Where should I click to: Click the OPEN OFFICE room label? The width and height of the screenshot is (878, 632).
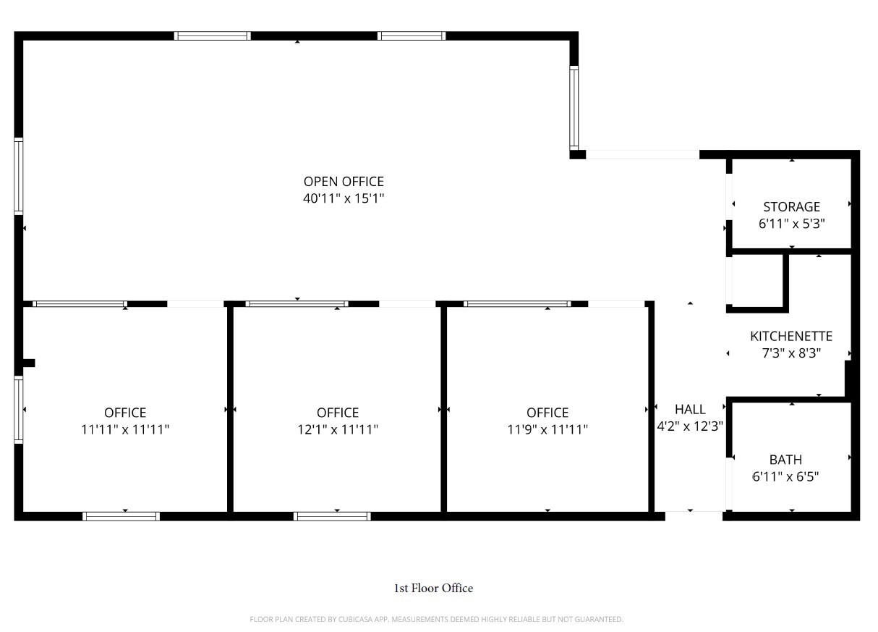pos(344,182)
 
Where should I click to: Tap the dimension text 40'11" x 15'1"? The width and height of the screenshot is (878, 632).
pos(344,198)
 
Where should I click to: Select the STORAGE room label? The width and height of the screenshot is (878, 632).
pos(791,207)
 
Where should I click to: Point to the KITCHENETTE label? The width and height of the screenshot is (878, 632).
pos(791,336)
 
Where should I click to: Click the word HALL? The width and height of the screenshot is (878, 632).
pos(690,410)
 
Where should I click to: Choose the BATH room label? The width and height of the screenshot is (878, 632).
pos(785,460)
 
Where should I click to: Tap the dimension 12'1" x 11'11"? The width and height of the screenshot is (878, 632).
pos(338,429)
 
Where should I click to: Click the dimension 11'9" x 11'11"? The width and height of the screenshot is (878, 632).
pos(547,429)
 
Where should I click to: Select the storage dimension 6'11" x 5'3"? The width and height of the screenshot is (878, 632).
pos(791,224)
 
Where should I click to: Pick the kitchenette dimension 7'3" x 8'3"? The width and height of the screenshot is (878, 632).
pos(791,353)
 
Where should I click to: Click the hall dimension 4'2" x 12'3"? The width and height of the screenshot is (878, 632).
pos(690,426)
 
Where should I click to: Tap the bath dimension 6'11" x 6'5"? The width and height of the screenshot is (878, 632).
pos(785,476)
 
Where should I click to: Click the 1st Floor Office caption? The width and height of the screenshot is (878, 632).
pos(433,588)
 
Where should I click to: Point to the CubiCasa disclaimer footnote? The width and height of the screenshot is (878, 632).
pos(436,619)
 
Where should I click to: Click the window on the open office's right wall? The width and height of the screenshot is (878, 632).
pos(574,108)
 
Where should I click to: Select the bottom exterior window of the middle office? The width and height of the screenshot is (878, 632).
pos(332,516)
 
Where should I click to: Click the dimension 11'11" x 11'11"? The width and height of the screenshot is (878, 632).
pos(125,429)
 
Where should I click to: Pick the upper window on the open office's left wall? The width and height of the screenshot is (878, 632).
pos(18,176)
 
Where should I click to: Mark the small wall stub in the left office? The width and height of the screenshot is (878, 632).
pos(29,363)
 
